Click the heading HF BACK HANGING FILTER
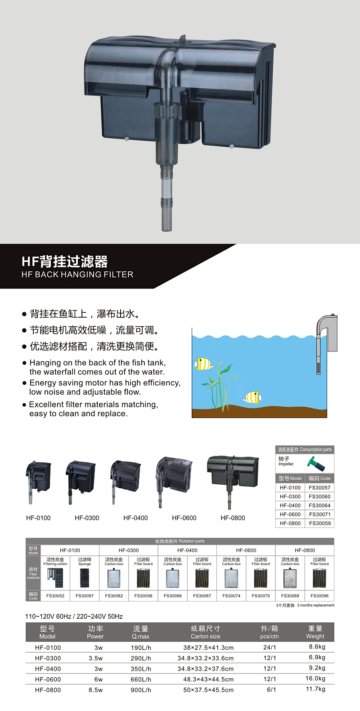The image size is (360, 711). coord(77,274)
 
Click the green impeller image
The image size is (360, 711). coord(316,464)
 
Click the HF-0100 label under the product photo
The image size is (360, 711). coord(38,518)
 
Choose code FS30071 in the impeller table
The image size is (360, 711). coord(319,514)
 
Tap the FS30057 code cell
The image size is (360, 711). coord(319,487)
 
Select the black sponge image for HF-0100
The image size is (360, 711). coord(85,578)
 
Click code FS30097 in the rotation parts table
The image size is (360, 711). coord(85,596)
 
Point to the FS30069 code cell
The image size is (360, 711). coord(290,596)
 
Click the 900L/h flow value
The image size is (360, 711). coord(141,690)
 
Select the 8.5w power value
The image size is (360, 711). coord(95,690)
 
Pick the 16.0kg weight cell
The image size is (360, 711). coord(315,678)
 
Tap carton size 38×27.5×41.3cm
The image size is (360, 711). coord(208,648)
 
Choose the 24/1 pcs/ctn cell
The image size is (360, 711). coord(270,647)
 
